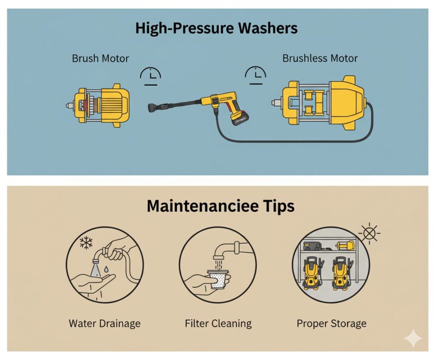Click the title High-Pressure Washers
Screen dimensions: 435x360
pyautogui.click(x=216, y=28)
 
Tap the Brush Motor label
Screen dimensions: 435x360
pyautogui.click(x=100, y=59)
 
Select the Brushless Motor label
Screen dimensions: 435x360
pyautogui.click(x=320, y=58)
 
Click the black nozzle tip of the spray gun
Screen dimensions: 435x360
pyautogui.click(x=153, y=107)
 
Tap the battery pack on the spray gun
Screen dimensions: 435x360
pyautogui.click(x=240, y=118)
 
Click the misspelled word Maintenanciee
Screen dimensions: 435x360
pyautogui.click(x=198, y=206)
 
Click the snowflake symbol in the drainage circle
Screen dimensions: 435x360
pyautogui.click(x=86, y=243)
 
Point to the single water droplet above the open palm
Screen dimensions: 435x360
pyautogui.click(x=106, y=269)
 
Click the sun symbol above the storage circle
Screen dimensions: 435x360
pyautogui.click(x=369, y=233)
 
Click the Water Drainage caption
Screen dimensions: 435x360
pyautogui.click(x=105, y=323)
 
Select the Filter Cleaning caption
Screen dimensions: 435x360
pyautogui.click(x=218, y=323)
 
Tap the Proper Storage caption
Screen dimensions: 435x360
pyautogui.click(x=331, y=323)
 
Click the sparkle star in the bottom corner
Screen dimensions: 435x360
pyautogui.click(x=413, y=338)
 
